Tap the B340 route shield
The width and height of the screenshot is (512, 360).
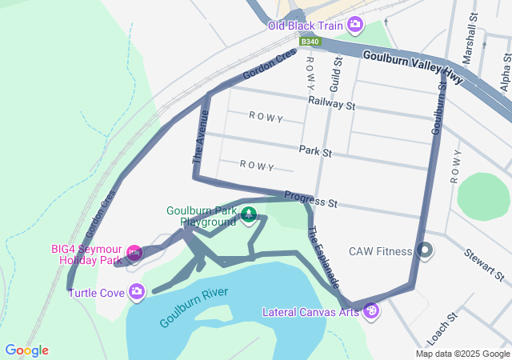pyautogui.click(x=310, y=41)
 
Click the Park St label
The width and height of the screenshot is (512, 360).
pyautogui.click(x=314, y=150)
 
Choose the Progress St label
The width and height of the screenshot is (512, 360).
pyautogui.click(x=310, y=199)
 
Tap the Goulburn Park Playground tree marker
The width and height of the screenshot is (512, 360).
pyautogui.click(x=250, y=214)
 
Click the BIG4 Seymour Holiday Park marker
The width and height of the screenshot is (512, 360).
pyautogui.click(x=134, y=254)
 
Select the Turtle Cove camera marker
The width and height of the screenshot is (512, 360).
pyautogui.click(x=138, y=291)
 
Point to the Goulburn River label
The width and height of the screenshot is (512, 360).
pyautogui.click(x=194, y=307)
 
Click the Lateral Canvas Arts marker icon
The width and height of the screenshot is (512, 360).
pyautogui.click(x=370, y=310)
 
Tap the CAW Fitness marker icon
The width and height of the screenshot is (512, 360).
pyautogui.click(x=426, y=251)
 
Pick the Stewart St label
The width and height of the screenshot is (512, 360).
pyautogui.click(x=483, y=265)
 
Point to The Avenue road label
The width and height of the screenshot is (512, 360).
pyautogui.click(x=200, y=138)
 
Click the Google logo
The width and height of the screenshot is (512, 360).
pyautogui.click(x=27, y=350)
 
